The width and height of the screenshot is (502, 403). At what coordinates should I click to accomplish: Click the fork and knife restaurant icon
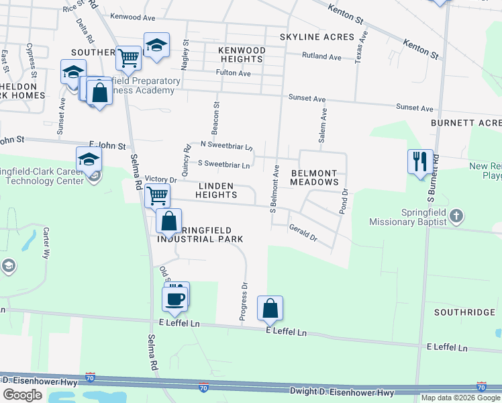point(420,161)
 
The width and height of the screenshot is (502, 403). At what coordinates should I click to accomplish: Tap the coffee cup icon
point(174,299)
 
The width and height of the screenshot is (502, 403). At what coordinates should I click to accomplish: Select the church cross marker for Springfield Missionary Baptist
point(456,216)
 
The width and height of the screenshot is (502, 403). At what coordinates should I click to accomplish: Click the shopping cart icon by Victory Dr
point(157,196)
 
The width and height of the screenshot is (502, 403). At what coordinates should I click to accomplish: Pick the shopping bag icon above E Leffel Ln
point(270,308)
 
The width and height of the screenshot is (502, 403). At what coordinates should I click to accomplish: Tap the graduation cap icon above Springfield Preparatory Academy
point(157,46)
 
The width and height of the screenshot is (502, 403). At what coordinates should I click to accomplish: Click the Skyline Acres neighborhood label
point(307,37)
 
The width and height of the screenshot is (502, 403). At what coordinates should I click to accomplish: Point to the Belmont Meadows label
point(315,177)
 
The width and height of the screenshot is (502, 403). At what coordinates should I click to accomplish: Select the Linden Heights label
point(216,190)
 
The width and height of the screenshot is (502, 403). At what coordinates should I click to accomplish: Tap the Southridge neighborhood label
point(464,312)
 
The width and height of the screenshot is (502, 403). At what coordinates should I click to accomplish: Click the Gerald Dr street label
point(303,233)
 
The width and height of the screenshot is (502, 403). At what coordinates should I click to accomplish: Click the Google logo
point(22,394)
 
